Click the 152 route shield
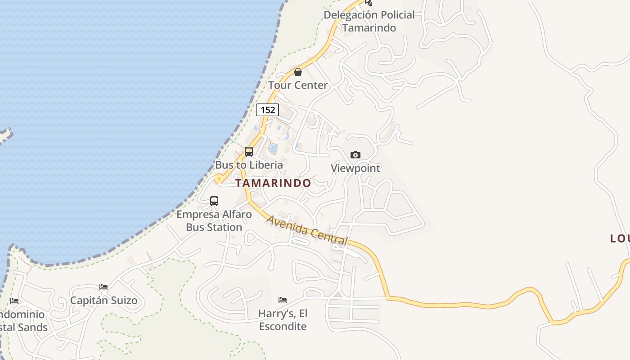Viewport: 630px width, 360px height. [x=268, y=110]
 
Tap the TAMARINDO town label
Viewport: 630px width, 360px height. [x=273, y=183]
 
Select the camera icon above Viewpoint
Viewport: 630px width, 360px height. [x=355, y=155]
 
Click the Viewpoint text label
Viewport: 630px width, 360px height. [x=355, y=168]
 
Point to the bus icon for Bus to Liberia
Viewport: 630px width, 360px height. [x=249, y=152]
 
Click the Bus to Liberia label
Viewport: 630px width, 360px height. [x=249, y=165]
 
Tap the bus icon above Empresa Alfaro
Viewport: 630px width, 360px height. [x=214, y=201]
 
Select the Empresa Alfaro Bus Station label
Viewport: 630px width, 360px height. [x=214, y=220]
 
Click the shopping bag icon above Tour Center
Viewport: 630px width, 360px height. [x=298, y=72]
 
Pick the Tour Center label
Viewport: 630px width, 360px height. [x=298, y=85]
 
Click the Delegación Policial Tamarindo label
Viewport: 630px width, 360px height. [x=369, y=21]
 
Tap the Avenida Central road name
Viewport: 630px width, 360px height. [x=307, y=230]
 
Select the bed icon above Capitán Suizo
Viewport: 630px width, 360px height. [x=103, y=287]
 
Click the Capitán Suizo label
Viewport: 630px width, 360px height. [x=103, y=300]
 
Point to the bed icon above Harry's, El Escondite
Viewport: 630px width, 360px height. [x=283, y=300]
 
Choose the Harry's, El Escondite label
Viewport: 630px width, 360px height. [x=283, y=319]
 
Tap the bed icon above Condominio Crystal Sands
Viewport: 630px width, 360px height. [x=14, y=301]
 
